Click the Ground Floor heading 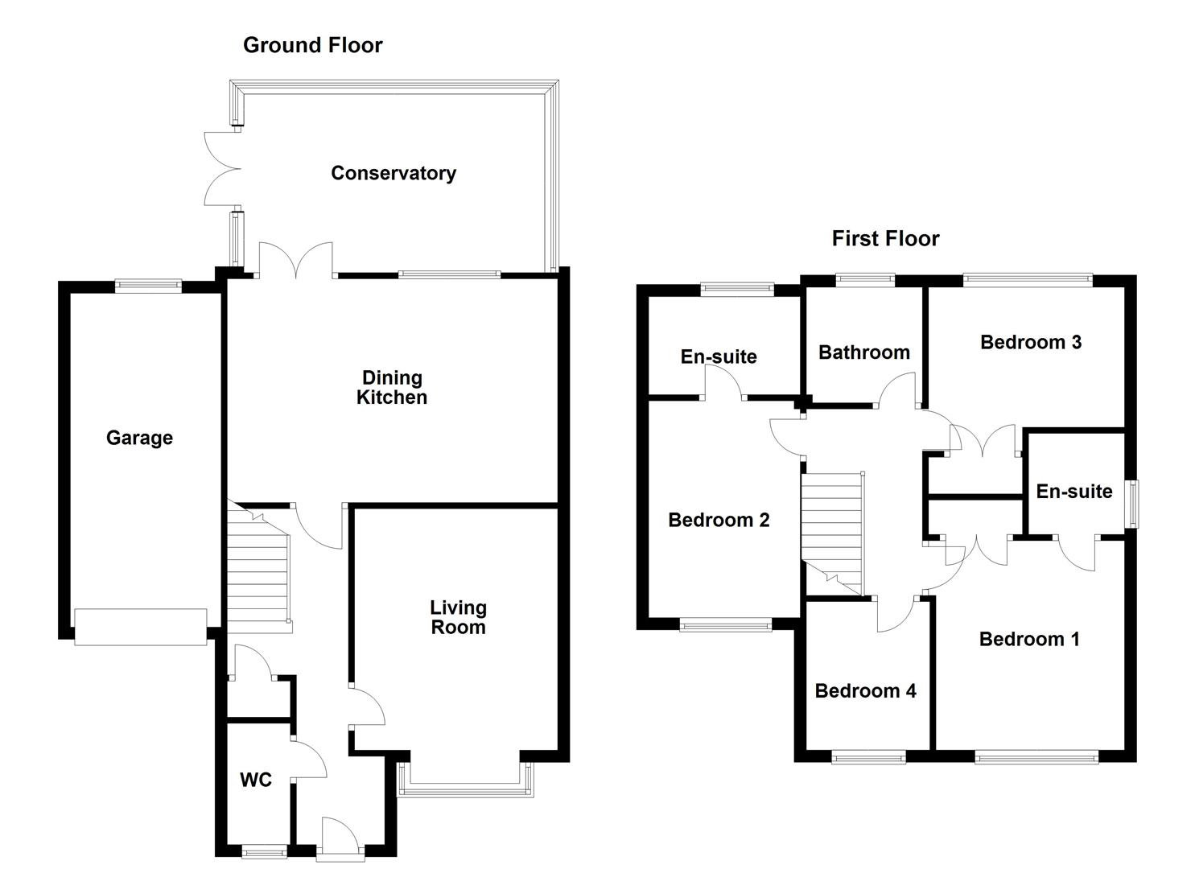click(x=312, y=45)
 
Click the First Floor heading click(x=885, y=238)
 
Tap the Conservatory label click(x=394, y=173)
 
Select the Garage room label click(x=139, y=438)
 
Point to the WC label click(x=256, y=780)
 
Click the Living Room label click(x=458, y=617)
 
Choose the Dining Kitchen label click(x=392, y=388)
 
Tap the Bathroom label click(x=864, y=352)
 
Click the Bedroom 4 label click(x=865, y=691)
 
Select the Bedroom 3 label click(x=1031, y=342)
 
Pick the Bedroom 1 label click(x=1029, y=639)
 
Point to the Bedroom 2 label click(x=719, y=520)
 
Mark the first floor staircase click(x=832, y=533)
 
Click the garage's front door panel click(x=140, y=628)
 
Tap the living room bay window click(x=465, y=780)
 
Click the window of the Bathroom click(x=865, y=278)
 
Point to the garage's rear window click(x=148, y=285)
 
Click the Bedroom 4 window click(x=868, y=756)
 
